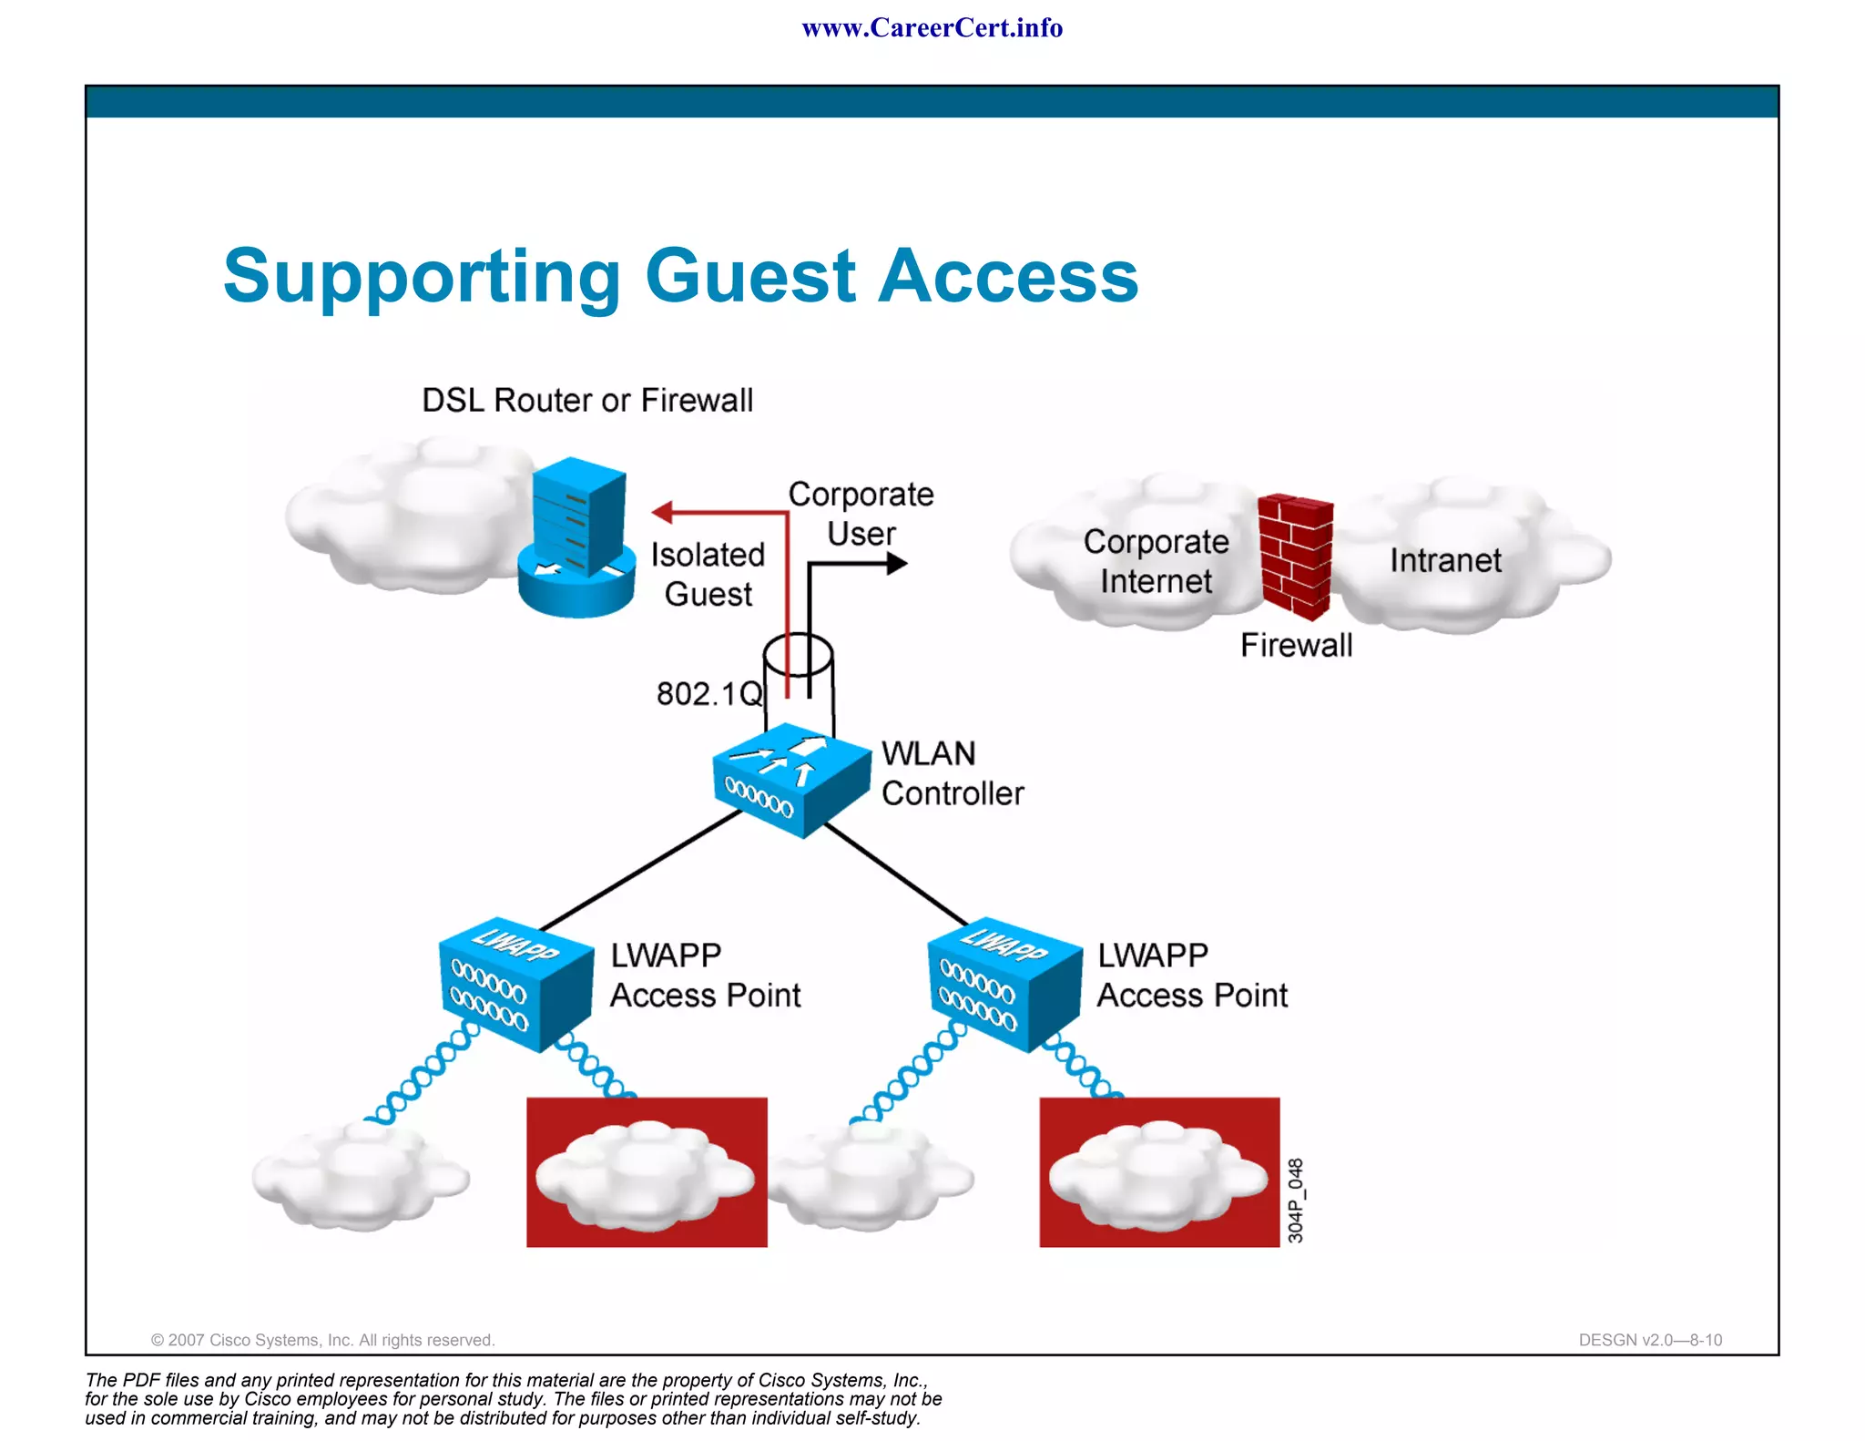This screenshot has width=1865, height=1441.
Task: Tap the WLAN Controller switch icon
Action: pos(790,781)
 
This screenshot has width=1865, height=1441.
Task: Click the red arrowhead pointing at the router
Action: pos(663,513)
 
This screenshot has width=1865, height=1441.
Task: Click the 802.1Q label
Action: pos(709,694)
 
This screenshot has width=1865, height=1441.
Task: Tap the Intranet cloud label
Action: pos(1444,560)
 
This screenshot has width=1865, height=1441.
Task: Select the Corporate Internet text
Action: pos(1156,561)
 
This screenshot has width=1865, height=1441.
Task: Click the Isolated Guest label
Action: pos(708,574)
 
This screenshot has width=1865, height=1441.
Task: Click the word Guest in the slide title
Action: pos(750,276)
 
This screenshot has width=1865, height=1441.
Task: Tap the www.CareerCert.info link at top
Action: pos(932,28)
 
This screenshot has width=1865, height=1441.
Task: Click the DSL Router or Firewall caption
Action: pos(587,401)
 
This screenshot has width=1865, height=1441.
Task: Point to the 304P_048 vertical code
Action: pos(1295,1201)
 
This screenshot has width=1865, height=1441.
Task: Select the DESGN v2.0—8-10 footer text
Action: pos(1649,1340)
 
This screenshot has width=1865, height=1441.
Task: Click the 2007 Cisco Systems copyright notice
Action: pos(322,1340)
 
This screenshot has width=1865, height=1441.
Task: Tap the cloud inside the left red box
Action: pos(645,1175)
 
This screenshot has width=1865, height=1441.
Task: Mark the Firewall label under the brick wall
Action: pos(1296,645)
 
